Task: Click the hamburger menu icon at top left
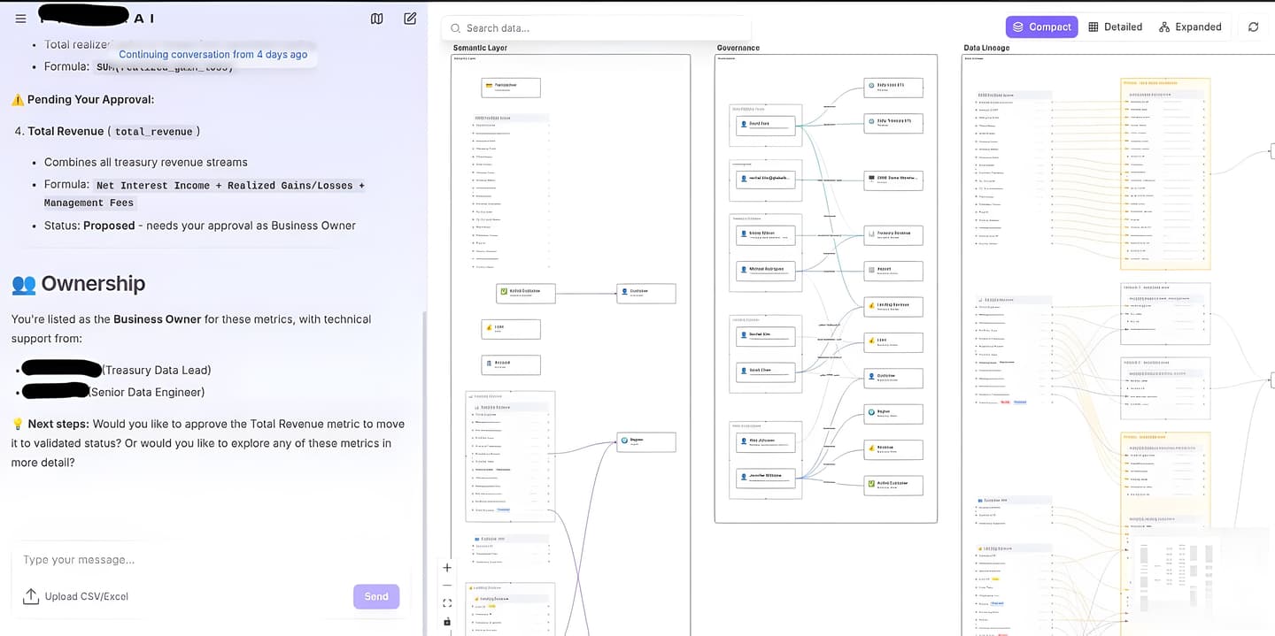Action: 21,19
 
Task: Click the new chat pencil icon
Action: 410,19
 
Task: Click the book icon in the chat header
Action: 377,19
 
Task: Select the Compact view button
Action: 1041,27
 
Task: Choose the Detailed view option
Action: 1115,27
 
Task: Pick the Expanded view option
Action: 1190,27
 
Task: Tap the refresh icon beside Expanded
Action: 1253,27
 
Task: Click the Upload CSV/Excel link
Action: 86,596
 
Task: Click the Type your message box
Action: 177,560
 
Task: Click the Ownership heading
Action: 92,283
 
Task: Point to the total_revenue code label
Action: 153,132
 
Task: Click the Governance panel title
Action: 738,48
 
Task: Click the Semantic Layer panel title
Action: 480,48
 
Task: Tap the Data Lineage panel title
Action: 985,48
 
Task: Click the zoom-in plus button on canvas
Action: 447,568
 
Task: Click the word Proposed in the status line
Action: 109,226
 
